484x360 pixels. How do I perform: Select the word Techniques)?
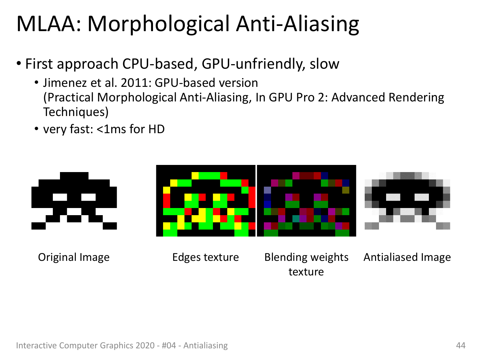click(x=76, y=112)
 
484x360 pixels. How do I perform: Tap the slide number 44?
click(x=461, y=345)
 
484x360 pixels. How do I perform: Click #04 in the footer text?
click(x=169, y=345)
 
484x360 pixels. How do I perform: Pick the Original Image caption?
click(x=74, y=258)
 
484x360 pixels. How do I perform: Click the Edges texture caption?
click(x=206, y=257)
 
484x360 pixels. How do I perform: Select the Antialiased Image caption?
click(x=407, y=258)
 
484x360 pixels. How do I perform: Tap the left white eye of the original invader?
click(x=60, y=197)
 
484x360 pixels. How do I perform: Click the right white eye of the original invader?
click(x=89, y=197)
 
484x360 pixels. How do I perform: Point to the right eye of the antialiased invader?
click(x=421, y=197)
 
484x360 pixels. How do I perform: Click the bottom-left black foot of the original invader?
click(x=38, y=226)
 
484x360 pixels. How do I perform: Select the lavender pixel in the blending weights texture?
click(x=267, y=190)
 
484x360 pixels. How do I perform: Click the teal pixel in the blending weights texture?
click(x=296, y=219)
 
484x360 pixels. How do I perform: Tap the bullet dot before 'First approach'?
click(x=19, y=64)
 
